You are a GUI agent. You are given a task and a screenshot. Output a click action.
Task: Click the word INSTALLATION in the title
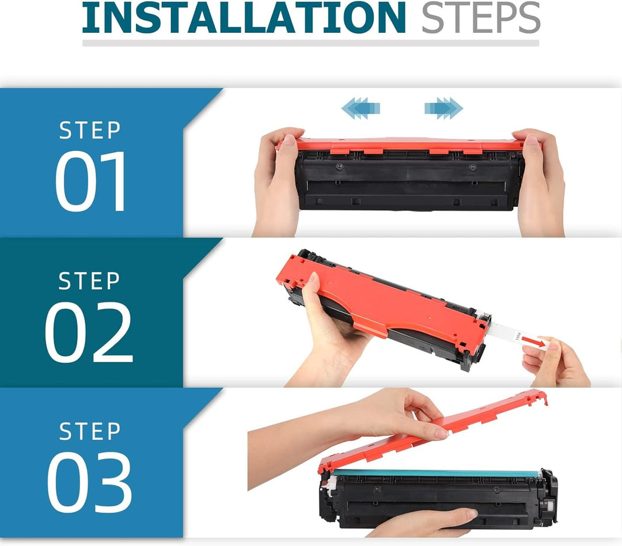pos(244,18)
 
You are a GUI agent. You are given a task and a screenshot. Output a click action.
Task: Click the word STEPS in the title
pos(481,18)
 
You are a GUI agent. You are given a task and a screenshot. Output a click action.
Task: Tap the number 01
pos(90,181)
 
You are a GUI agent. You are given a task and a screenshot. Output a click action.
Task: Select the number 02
pos(89,332)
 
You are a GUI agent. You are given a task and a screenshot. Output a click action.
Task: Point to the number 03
pos(89,481)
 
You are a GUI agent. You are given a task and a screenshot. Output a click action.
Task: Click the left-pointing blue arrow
pos(361,108)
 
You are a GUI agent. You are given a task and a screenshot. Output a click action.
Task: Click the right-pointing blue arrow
pos(443,108)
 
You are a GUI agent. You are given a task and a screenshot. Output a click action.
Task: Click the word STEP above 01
pos(90,130)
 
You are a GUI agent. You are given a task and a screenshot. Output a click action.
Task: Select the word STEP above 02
pos(89,281)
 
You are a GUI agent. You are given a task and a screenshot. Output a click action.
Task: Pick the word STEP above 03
pos(90,431)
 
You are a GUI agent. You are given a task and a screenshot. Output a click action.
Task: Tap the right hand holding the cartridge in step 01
pos(540,183)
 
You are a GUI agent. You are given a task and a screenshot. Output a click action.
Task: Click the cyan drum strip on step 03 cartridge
pos(437,473)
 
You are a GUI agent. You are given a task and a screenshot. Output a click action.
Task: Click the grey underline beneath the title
pos(310,43)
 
